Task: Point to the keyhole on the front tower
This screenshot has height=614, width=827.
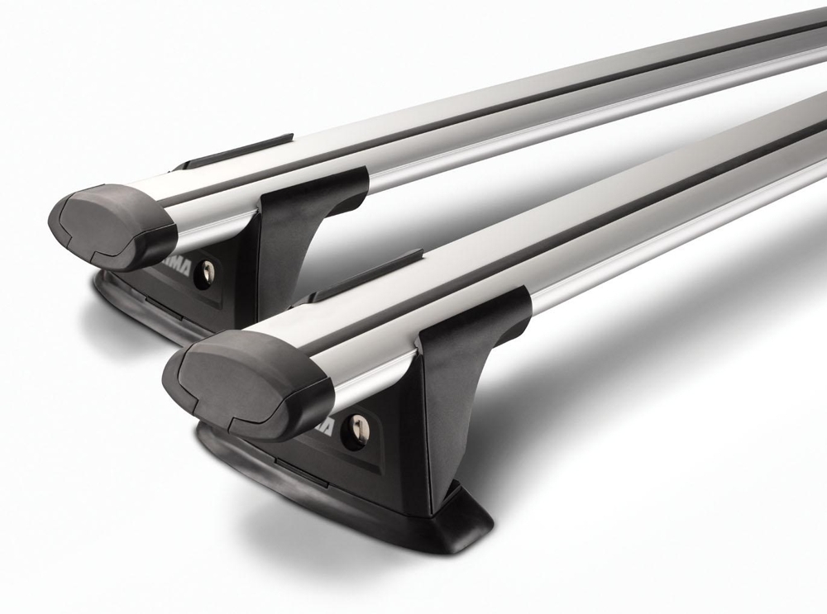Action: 357,430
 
